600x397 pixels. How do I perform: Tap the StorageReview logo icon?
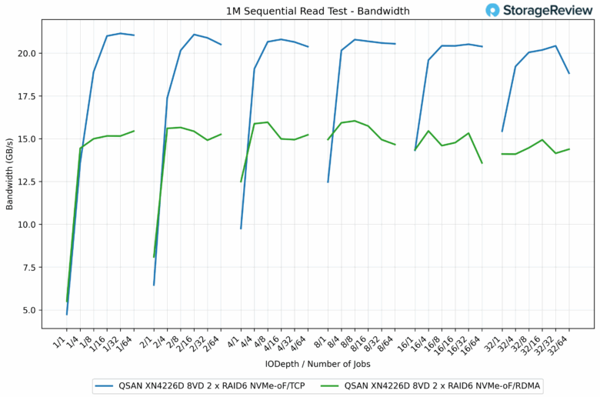tap(493, 10)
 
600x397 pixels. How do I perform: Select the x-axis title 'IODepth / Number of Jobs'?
tap(318, 362)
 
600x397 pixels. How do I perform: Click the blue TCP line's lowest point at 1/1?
tap(67, 314)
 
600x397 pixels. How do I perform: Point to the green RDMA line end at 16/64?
tap(482, 163)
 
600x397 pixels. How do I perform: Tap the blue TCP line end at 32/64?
tap(569, 73)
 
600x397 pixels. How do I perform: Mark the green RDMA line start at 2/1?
tap(154, 257)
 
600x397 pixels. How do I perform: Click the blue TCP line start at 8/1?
tap(328, 182)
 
